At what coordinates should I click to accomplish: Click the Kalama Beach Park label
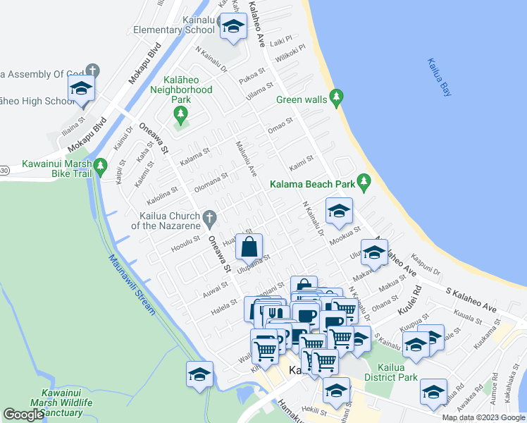[x=311, y=185]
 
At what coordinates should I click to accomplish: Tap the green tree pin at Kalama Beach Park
[x=364, y=182]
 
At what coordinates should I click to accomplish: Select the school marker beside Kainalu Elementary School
[x=232, y=27]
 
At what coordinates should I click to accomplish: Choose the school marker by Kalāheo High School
[x=82, y=90]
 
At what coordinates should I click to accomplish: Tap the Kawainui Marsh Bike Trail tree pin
[x=100, y=166]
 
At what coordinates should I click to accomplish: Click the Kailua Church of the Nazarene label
[x=166, y=221]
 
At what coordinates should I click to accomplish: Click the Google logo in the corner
[x=23, y=415]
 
